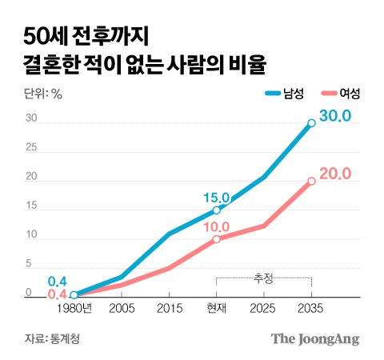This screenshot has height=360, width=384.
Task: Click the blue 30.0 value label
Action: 334,117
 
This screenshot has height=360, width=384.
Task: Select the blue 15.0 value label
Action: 216,197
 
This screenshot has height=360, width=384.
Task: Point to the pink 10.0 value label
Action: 216,226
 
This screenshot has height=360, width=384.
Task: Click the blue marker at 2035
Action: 311,123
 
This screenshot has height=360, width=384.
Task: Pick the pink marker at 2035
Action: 311,181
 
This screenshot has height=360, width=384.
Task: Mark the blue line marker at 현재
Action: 216,210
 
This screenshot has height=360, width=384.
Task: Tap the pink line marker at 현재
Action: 216,238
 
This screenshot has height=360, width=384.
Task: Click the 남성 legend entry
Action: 284,94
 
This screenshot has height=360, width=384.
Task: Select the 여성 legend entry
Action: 342,94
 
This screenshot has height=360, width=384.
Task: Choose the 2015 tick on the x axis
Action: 169,308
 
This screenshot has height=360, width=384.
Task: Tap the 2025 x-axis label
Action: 264,308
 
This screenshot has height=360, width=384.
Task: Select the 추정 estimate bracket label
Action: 263,278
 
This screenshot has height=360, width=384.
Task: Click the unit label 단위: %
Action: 43,94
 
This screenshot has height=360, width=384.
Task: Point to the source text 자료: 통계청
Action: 52,338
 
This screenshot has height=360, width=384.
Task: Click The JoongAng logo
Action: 314,338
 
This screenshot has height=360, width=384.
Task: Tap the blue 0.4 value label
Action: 57,281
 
